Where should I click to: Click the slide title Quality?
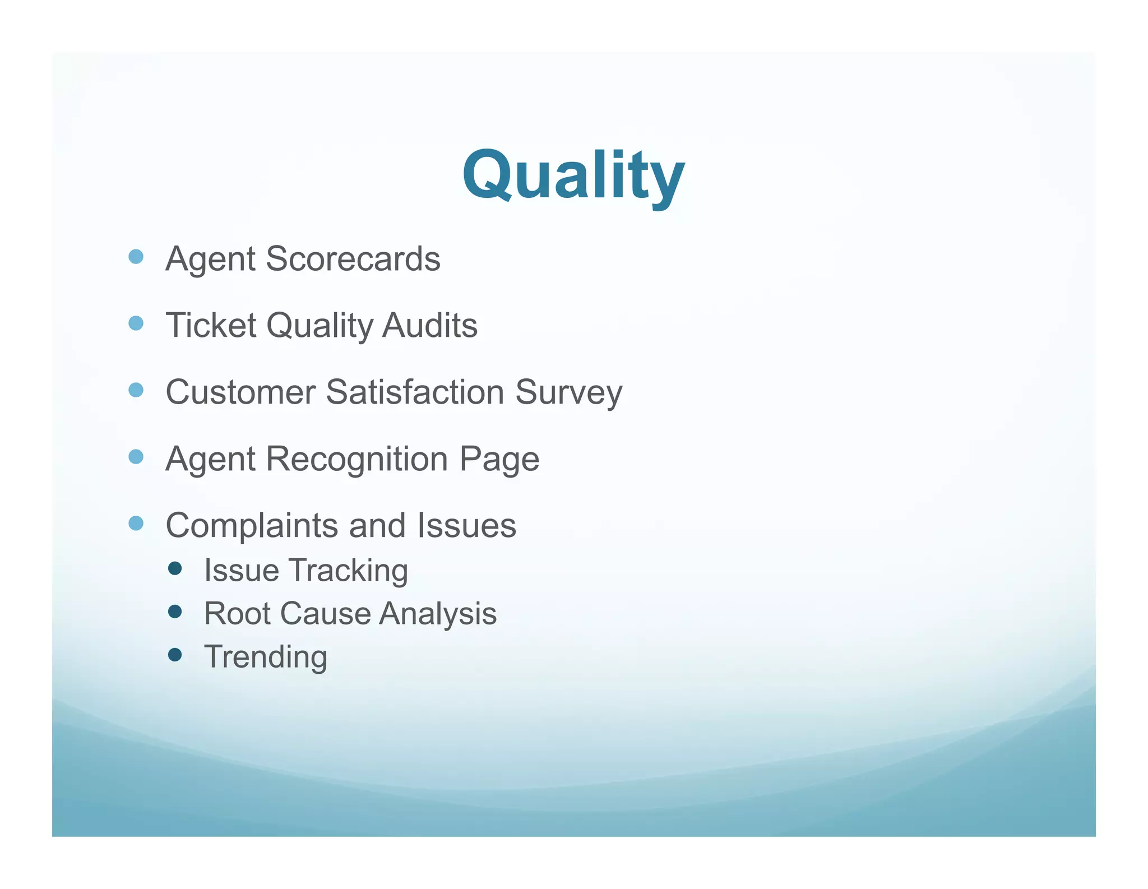[x=573, y=175]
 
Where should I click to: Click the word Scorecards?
[x=353, y=259]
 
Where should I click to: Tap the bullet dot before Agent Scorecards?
[x=136, y=257]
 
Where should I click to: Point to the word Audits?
[x=429, y=325]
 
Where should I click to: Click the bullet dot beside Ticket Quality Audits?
[x=136, y=323]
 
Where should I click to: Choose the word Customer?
[x=240, y=392]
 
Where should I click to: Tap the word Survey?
[x=568, y=393]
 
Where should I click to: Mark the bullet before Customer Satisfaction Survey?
[x=136, y=390]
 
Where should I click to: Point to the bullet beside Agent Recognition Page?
[x=136, y=457]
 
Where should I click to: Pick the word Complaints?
[x=252, y=526]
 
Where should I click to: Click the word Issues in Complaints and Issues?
[x=466, y=526]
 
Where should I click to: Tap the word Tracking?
[x=348, y=571]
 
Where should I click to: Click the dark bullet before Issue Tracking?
[x=175, y=568]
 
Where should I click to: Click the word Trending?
[x=266, y=657]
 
